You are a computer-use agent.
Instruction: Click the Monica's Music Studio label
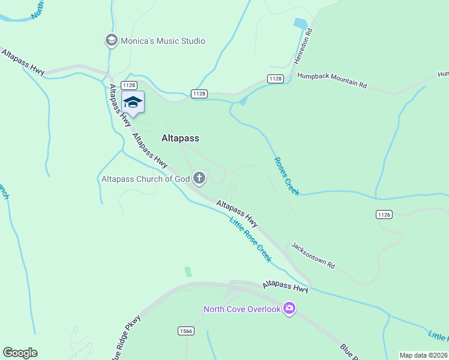pyautogui.click(x=163, y=41)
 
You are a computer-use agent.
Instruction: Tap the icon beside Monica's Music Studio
pyautogui.click(x=111, y=41)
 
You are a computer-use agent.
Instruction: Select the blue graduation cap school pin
pyautogui.click(x=133, y=102)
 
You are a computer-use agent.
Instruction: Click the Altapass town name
pyautogui.click(x=180, y=138)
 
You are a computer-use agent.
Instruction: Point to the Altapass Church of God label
pyautogui.click(x=145, y=178)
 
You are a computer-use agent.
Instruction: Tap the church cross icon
pyautogui.click(x=199, y=178)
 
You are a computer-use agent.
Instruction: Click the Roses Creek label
pyautogui.click(x=286, y=176)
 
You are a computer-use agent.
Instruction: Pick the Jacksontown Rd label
pyautogui.click(x=313, y=256)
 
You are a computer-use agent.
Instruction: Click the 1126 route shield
pyautogui.click(x=384, y=214)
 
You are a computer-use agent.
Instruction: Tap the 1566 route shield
pyautogui.click(x=185, y=331)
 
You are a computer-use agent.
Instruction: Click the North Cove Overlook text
pyautogui.click(x=242, y=309)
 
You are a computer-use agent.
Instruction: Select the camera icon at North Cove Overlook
pyautogui.click(x=290, y=308)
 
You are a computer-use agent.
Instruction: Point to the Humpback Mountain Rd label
pyautogui.click(x=332, y=80)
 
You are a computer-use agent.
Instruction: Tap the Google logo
pyautogui.click(x=20, y=353)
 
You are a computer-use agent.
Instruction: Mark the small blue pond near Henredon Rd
pyautogui.click(x=299, y=23)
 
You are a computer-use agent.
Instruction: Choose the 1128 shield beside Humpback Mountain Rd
pyautogui.click(x=276, y=79)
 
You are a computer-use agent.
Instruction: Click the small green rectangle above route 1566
pyautogui.click(x=188, y=272)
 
